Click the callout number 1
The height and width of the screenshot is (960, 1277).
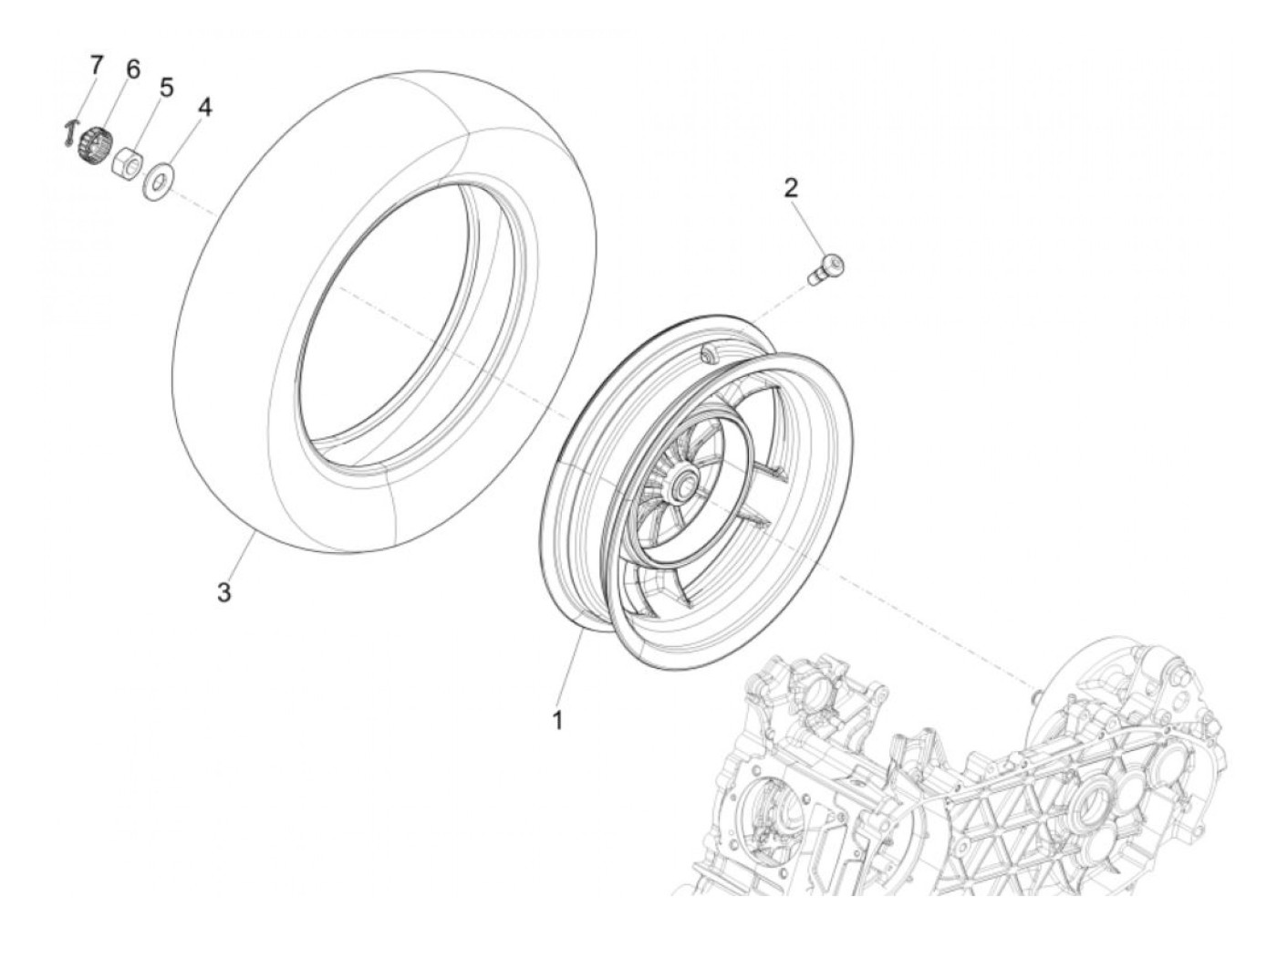tap(556, 720)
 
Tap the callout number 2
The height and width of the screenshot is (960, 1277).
tap(790, 189)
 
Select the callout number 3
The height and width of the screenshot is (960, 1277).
tap(223, 592)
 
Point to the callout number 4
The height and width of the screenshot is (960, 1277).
tap(204, 108)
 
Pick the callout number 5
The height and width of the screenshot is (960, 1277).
tap(166, 89)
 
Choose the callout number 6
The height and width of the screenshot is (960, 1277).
tap(133, 69)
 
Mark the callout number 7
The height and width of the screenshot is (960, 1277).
tap(97, 65)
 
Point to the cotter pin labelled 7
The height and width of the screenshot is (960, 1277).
tap(71, 134)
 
